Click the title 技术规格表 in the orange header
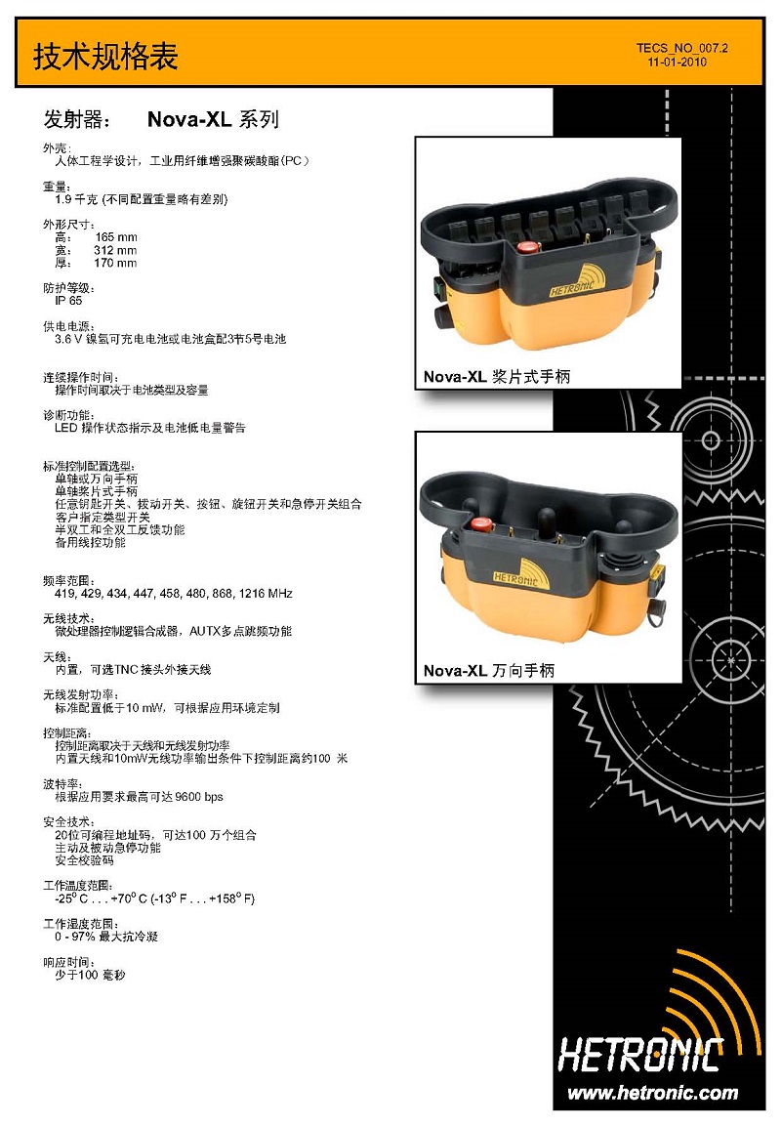pyautogui.click(x=105, y=57)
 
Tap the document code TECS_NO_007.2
pyautogui.click(x=681, y=48)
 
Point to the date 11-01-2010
pyautogui.click(x=677, y=62)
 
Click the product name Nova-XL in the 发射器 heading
pyautogui.click(x=189, y=119)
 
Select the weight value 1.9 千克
pyautogui.click(x=76, y=199)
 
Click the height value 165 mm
pyautogui.click(x=115, y=237)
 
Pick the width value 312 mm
pyautogui.click(x=115, y=250)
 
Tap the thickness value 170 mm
pyautogui.click(x=115, y=263)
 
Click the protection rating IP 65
pyautogui.click(x=69, y=301)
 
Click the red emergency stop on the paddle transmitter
pyautogui.click(x=529, y=249)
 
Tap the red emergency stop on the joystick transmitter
pyautogui.click(x=480, y=525)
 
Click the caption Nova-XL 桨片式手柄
pyautogui.click(x=497, y=377)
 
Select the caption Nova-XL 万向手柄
pyautogui.click(x=488, y=671)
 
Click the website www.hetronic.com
pyautogui.click(x=652, y=1093)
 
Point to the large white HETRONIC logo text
pyautogui.click(x=640, y=1055)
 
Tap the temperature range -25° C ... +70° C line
pyautogui.click(x=154, y=898)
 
